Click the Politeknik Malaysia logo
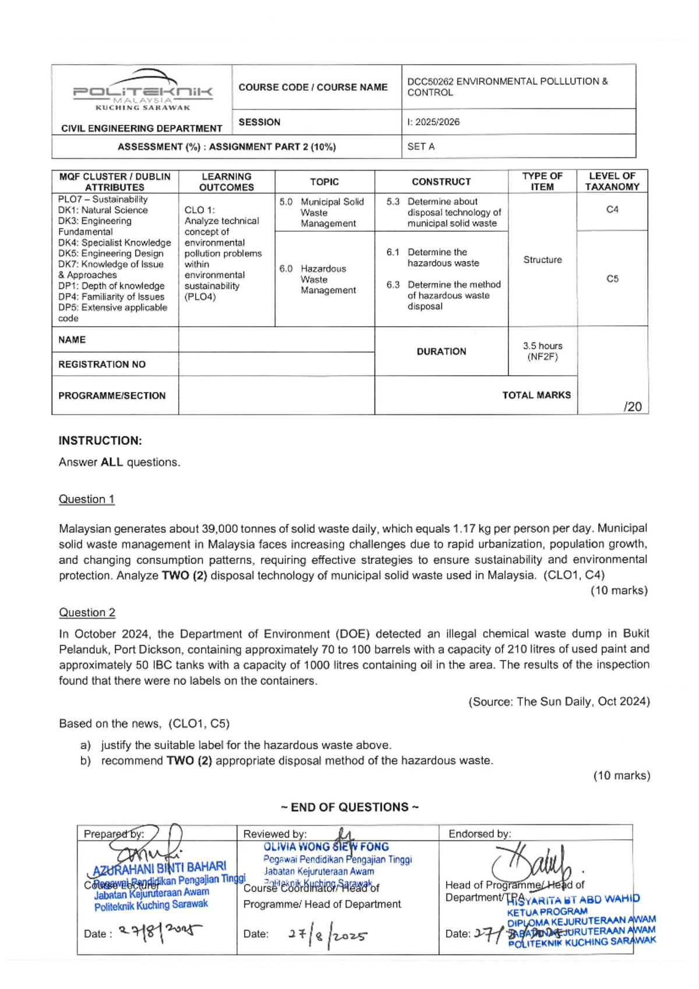pos(143,90)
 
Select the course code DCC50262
pos(430,82)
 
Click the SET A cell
pos(421,147)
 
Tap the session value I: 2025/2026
pos(434,122)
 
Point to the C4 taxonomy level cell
pos(612,210)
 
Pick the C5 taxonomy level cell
pos(612,279)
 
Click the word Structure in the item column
pos(542,260)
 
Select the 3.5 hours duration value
pos(542,346)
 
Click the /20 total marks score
pos(632,407)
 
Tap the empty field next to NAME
pos(276,340)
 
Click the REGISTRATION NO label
pos(102,365)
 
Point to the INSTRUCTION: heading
pos(100,441)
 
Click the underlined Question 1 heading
pos(87,499)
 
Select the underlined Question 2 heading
pos(87,613)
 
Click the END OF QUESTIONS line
pos(349,807)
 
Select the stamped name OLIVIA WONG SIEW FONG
pos(326,847)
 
